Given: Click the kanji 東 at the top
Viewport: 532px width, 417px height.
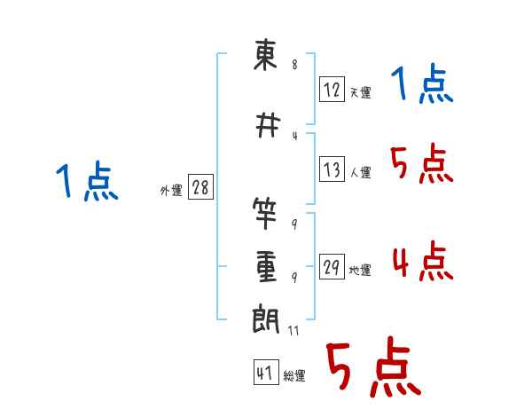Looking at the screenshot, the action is coord(265,55).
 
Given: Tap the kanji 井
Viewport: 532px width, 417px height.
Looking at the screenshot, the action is coord(268,125).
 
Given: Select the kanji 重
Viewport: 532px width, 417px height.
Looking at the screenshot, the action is coord(266,266).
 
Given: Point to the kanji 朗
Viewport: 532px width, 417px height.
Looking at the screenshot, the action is coord(266,319).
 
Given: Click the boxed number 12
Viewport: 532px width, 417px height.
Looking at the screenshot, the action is coord(332,90).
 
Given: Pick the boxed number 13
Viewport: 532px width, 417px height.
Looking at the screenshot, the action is coord(332,169).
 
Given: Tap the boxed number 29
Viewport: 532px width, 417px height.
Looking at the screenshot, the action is coord(332,266).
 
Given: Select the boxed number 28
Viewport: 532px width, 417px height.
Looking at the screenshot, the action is coord(200,187).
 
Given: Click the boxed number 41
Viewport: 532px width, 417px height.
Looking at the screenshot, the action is coord(266,372).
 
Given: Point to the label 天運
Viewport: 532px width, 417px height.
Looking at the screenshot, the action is coord(361,92).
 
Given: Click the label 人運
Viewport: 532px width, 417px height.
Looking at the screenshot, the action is coord(361,172).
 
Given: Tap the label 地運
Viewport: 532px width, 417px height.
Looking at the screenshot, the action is coord(360,270).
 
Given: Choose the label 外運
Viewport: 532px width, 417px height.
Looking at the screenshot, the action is coord(171,191).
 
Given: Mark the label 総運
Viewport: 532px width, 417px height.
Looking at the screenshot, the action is coord(294,375).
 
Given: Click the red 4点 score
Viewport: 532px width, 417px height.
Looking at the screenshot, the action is coord(423,261).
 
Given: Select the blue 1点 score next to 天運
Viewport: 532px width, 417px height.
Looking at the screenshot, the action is coord(422,83).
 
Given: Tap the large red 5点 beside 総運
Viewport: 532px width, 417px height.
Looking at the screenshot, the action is coord(374,366).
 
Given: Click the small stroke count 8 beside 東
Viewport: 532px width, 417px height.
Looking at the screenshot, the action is coord(294,64).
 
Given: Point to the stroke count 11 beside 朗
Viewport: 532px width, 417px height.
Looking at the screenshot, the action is coord(293,330).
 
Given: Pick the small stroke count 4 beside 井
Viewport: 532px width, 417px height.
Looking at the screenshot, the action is coord(295,136).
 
